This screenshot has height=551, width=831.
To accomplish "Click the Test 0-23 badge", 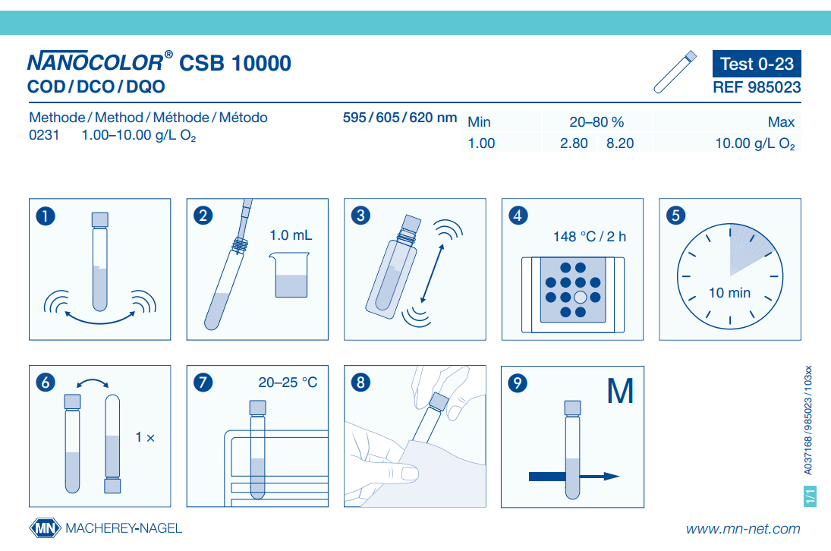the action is [757, 64].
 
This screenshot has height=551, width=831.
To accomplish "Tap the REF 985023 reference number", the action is [757, 87].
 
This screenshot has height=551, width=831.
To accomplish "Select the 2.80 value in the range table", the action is [574, 143].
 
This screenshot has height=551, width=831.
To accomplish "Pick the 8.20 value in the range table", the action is [620, 143].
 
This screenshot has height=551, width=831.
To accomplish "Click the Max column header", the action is [781, 122].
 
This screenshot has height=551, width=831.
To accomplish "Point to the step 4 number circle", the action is [518, 215].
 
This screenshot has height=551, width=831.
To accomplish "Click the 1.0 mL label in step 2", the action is [291, 235].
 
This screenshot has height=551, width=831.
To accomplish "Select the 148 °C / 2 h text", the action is [590, 236].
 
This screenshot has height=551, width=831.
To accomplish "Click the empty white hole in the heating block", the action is [581, 298].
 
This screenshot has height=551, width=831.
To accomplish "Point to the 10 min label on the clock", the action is [730, 292].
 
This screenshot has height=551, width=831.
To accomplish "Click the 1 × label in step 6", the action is [145, 437].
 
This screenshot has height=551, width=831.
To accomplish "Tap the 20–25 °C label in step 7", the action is [288, 382].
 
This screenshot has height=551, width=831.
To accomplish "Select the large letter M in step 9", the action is [620, 391].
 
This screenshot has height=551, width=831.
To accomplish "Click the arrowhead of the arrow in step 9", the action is [612, 477].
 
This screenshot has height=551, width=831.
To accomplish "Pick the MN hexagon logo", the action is [46, 528].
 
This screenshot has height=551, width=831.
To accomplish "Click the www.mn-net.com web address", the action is [743, 529].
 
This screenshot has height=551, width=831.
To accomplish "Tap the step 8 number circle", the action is [360, 382].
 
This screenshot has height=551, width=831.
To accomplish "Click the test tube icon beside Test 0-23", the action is [675, 72].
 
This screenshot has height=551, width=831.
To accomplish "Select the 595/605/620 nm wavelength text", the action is [400, 118].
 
